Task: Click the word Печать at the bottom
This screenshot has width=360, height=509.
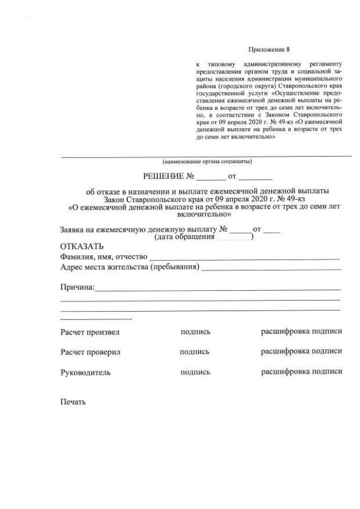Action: click(x=73, y=402)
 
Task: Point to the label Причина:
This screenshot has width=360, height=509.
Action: click(x=77, y=287)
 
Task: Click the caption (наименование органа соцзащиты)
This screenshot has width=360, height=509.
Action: click(x=206, y=161)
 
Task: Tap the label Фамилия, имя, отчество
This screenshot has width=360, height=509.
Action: click(x=103, y=257)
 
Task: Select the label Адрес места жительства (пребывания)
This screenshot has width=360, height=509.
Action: click(x=129, y=267)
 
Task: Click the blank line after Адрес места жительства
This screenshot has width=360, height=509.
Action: click(x=271, y=269)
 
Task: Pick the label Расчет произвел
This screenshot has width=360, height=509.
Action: click(x=89, y=332)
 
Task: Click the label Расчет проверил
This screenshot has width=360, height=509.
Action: click(x=90, y=352)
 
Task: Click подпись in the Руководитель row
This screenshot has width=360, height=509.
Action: click(x=195, y=372)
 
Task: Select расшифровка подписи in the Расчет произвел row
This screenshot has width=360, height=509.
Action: click(x=301, y=331)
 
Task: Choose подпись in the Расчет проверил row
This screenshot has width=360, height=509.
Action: click(x=195, y=352)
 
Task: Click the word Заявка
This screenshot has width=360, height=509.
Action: click(x=74, y=229)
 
